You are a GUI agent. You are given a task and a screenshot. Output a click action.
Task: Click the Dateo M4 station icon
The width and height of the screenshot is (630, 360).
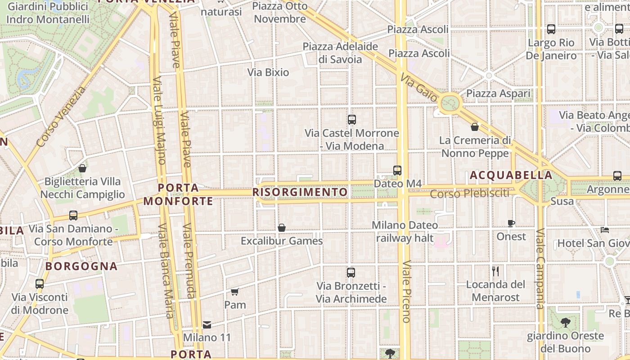click(x=397, y=170)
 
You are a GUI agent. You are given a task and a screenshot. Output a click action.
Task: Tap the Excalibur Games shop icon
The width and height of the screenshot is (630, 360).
click(x=282, y=228)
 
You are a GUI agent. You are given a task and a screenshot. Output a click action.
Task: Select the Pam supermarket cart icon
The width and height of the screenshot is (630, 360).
click(x=234, y=292)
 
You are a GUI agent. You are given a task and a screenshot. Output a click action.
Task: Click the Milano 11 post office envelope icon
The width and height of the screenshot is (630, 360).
click(x=207, y=324)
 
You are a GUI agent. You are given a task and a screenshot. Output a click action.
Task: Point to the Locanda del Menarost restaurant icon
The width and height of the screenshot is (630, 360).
click(x=495, y=271)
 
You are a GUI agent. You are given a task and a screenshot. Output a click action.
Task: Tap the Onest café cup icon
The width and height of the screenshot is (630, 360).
click(x=511, y=223)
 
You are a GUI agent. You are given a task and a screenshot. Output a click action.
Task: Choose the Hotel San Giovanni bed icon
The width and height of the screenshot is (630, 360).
click(x=605, y=230)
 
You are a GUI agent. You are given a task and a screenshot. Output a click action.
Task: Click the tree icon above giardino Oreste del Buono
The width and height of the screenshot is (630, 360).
click(x=566, y=322)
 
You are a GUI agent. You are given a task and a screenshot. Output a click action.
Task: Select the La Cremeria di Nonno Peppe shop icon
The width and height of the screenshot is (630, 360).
click(x=475, y=127)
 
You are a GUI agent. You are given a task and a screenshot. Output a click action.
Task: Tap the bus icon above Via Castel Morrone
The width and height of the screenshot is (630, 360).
click(x=352, y=120)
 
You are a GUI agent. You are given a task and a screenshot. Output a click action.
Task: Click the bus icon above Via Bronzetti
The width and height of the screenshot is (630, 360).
click(x=351, y=272)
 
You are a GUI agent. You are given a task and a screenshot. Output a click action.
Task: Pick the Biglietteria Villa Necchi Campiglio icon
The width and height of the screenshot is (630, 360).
click(x=82, y=168)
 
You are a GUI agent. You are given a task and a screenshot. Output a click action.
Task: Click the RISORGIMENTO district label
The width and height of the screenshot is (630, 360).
click(x=300, y=193)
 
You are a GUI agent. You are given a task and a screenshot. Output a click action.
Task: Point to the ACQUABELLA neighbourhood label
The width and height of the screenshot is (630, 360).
click(x=511, y=175)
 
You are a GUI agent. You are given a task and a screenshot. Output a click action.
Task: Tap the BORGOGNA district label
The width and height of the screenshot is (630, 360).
click(x=81, y=266)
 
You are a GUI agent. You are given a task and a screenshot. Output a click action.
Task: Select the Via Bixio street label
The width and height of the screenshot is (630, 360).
click(x=268, y=72)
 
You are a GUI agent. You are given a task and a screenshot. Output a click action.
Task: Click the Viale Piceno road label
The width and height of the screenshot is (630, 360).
click(x=406, y=291)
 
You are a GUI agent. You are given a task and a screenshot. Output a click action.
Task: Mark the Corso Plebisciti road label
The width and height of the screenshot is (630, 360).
click(x=469, y=194)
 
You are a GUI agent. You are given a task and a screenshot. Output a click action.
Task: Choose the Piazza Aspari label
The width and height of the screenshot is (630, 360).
click(x=499, y=94)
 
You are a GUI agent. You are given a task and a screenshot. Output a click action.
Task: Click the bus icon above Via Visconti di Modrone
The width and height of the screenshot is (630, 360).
click(x=40, y=284)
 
